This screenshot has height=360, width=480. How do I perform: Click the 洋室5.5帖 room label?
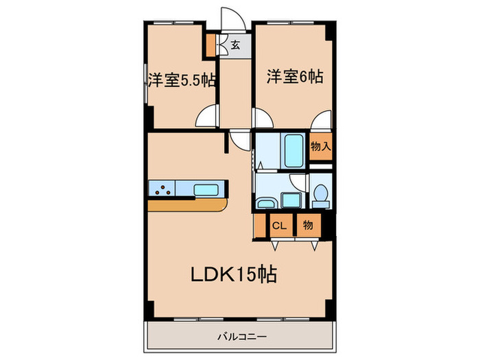click(182, 80)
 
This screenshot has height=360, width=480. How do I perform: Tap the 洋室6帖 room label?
click(295, 77)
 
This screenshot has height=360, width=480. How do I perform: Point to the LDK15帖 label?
click(233, 275)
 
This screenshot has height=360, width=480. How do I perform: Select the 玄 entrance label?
click(235, 46)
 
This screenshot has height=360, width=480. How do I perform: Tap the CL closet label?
click(279, 225)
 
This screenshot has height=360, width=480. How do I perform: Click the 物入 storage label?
click(320, 146)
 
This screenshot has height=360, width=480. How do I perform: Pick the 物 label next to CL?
click(308, 225)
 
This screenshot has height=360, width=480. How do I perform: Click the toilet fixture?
click(320, 195)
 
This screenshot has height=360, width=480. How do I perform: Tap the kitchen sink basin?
click(206, 189)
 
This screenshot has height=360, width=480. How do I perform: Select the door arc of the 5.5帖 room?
click(207, 117)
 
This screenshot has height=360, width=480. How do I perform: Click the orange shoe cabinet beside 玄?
click(211, 46)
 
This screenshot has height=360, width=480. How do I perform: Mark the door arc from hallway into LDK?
click(240, 140)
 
